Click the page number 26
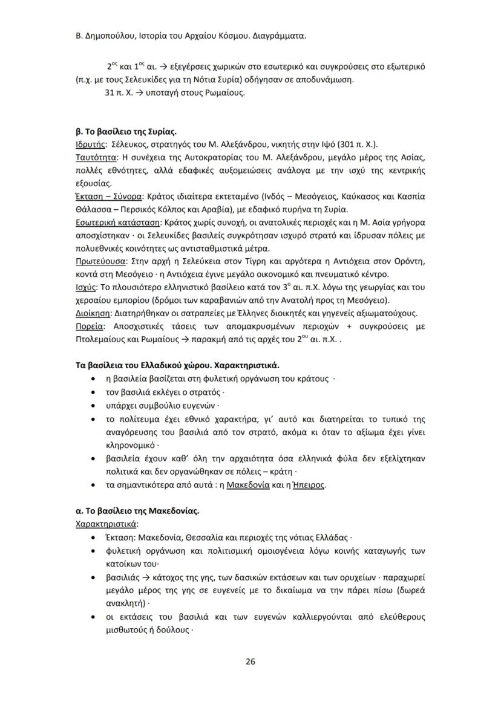250,661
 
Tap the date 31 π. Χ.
116,93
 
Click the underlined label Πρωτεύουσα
96,262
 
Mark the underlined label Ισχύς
79,287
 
